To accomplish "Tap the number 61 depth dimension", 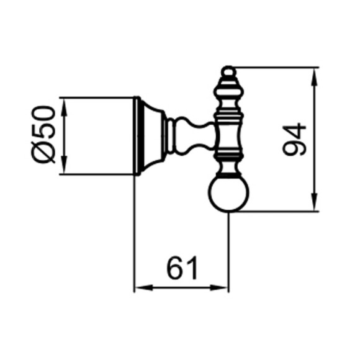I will (182, 268).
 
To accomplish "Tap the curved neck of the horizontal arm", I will (189, 135).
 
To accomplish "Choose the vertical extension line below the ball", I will (229, 248).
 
